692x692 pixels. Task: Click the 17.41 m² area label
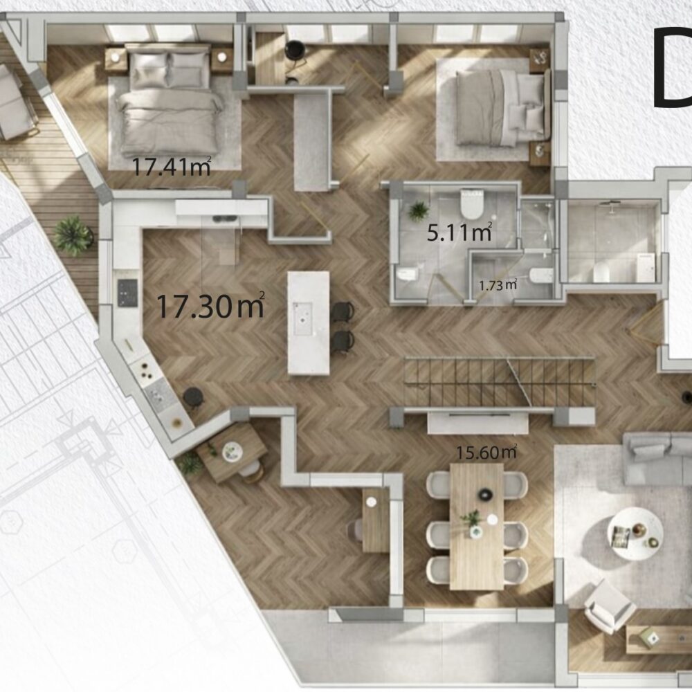(x=171, y=166)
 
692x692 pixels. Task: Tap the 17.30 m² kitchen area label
(x=210, y=305)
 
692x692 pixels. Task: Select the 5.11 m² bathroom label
(x=459, y=232)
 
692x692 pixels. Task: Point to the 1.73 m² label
(x=498, y=285)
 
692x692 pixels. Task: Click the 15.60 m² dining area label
(x=486, y=452)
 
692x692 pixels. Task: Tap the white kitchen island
(x=309, y=323)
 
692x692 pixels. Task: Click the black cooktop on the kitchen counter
(x=127, y=293)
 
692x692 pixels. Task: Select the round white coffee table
(x=635, y=534)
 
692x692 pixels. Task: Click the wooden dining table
(x=477, y=526)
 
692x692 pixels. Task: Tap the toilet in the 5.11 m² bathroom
(x=472, y=203)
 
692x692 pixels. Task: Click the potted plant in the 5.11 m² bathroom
(x=417, y=210)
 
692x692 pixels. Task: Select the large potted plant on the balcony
(x=73, y=235)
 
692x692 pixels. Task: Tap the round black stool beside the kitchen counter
(x=193, y=397)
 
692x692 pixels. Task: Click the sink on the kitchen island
(x=303, y=318)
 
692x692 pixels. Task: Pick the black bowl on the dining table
(x=485, y=495)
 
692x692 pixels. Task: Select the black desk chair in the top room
(x=295, y=51)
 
